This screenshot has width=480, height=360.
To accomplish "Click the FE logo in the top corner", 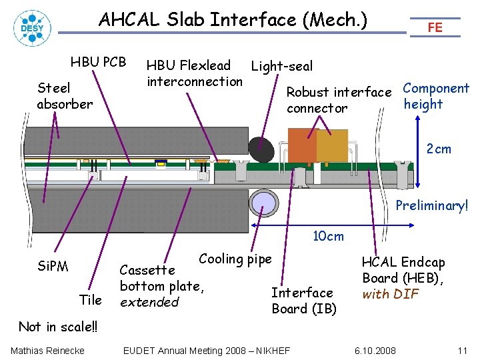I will point(435,27).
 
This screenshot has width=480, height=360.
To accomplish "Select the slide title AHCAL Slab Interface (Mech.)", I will point(233,20).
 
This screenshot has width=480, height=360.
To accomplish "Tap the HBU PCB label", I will point(98,62).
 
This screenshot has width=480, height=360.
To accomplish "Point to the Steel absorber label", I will point(65,95).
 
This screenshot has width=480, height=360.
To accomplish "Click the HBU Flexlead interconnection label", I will point(194,73).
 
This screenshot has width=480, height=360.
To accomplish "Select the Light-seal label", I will point(281,66).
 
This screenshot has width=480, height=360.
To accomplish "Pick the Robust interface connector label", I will point(338,100).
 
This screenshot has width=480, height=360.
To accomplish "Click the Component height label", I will point(436,96).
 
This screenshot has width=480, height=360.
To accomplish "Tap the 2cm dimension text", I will point(439,149).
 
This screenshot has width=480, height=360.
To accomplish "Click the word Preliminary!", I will point(432,205).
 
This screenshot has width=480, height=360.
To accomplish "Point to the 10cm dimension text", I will point(329,236).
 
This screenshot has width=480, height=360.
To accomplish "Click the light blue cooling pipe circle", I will point(263,202).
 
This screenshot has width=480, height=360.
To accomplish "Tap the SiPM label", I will point(53,267).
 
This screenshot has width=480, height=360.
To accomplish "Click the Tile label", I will point(90,300).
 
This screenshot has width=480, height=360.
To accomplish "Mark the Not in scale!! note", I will point(57,327).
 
